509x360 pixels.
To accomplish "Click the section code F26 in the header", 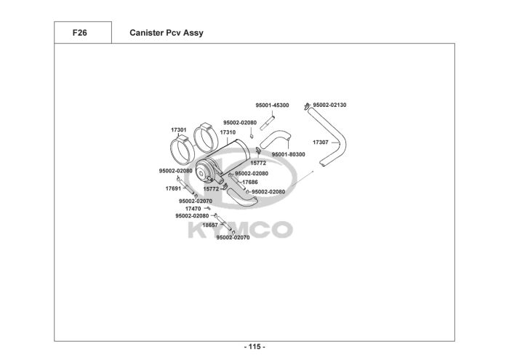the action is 81,33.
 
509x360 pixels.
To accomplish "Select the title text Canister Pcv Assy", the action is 167,33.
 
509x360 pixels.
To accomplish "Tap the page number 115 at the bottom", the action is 254,347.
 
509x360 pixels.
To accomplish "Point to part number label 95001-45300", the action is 272,105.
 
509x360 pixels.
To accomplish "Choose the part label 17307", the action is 321,142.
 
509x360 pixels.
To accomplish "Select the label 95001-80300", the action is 288,155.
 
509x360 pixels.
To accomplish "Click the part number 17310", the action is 228,132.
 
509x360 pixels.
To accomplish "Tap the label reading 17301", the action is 179,129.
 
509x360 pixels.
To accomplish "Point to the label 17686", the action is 249,182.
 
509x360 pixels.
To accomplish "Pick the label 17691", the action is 173,188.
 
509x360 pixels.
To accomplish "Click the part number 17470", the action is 193,209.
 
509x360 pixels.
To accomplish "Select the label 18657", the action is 210,225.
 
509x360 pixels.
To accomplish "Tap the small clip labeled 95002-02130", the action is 308,106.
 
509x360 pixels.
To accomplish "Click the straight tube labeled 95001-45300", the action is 263,118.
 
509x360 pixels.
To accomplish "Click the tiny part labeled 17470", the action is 207,209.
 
